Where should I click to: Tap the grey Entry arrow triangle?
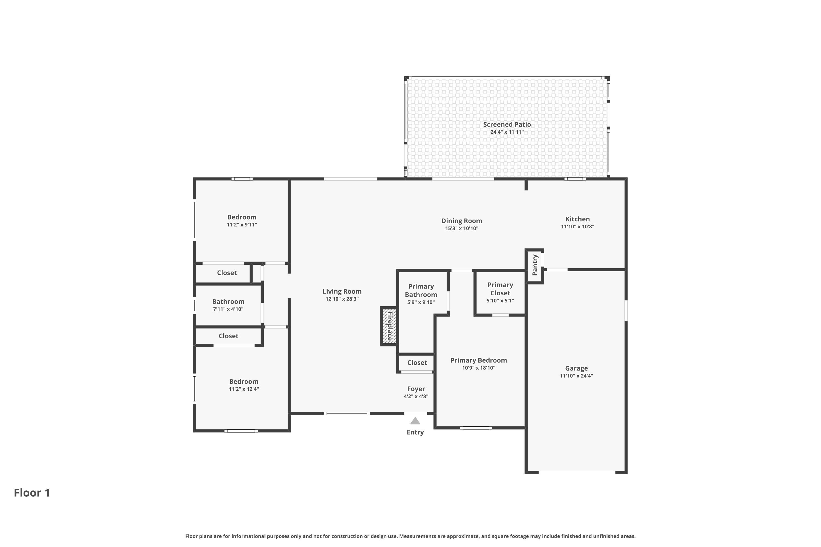tap(415, 421)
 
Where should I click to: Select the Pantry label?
tap(535, 265)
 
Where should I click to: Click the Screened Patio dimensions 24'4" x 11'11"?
tap(507, 132)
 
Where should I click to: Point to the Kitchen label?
tap(577, 219)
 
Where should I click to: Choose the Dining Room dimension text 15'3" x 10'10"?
tap(461, 228)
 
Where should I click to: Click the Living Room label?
tap(342, 291)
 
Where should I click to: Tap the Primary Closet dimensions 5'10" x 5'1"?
tap(500, 301)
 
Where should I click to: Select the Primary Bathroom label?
tap(421, 290)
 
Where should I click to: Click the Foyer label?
tap(416, 389)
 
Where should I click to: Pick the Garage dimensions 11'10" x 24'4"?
tap(576, 376)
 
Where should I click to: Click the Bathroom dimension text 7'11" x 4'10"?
tap(228, 309)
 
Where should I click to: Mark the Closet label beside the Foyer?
tap(417, 362)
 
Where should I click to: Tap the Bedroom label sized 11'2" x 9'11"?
tap(242, 217)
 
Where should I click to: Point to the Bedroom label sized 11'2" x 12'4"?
tap(244, 381)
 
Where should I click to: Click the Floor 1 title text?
tap(32, 493)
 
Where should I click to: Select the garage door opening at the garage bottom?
tap(577, 472)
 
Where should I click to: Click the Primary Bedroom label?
tap(478, 360)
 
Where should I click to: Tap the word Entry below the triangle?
tap(415, 432)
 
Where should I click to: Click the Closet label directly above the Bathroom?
tap(227, 273)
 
